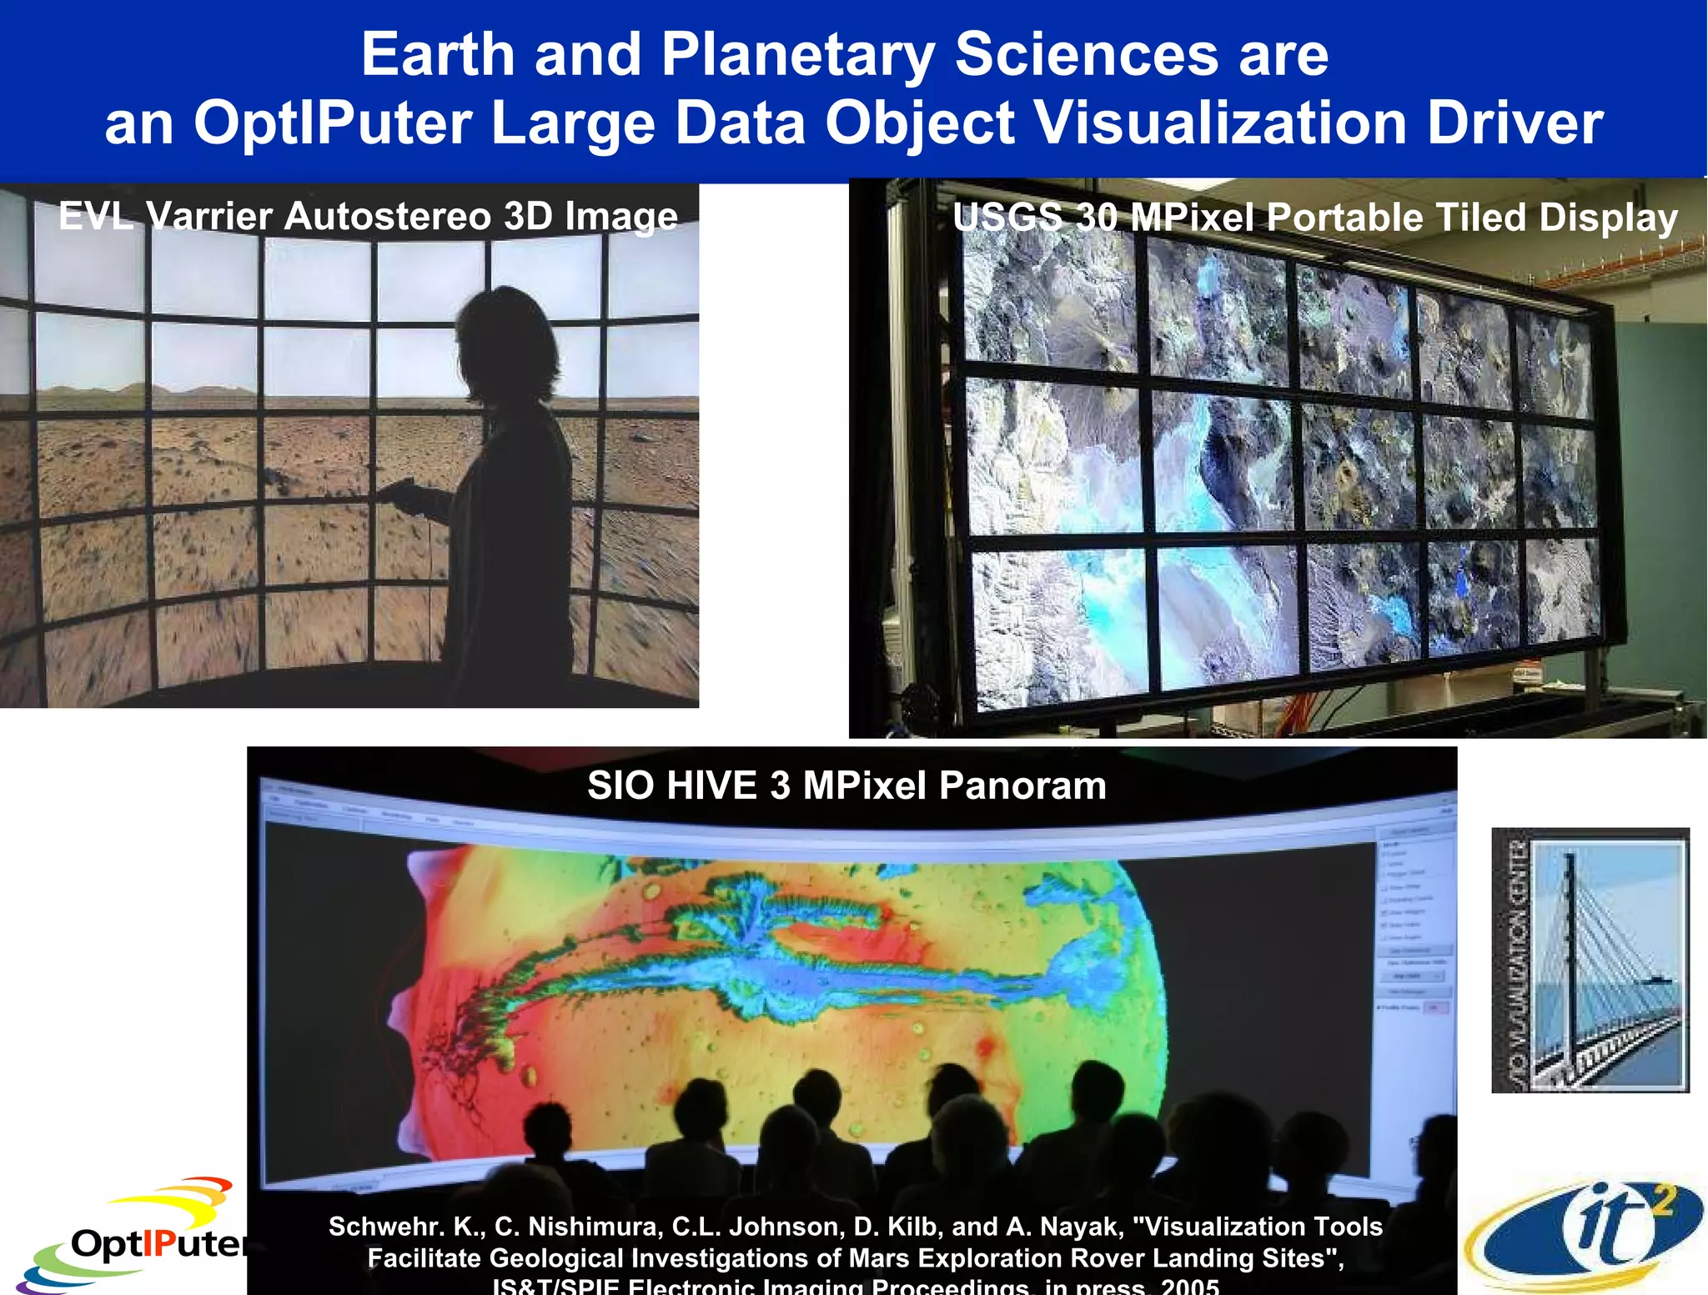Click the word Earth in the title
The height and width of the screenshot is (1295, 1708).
point(438,55)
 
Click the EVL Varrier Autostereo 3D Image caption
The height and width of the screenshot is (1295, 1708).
point(368,217)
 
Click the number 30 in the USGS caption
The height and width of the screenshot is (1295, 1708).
point(1097,218)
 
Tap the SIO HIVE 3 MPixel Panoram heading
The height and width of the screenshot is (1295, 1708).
point(846,786)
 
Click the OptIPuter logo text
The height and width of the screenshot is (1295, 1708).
point(158,1244)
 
